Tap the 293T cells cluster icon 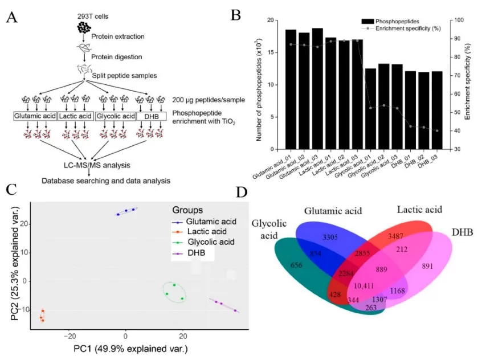point(84,27)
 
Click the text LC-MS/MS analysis point(92,166)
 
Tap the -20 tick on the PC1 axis point(69,337)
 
